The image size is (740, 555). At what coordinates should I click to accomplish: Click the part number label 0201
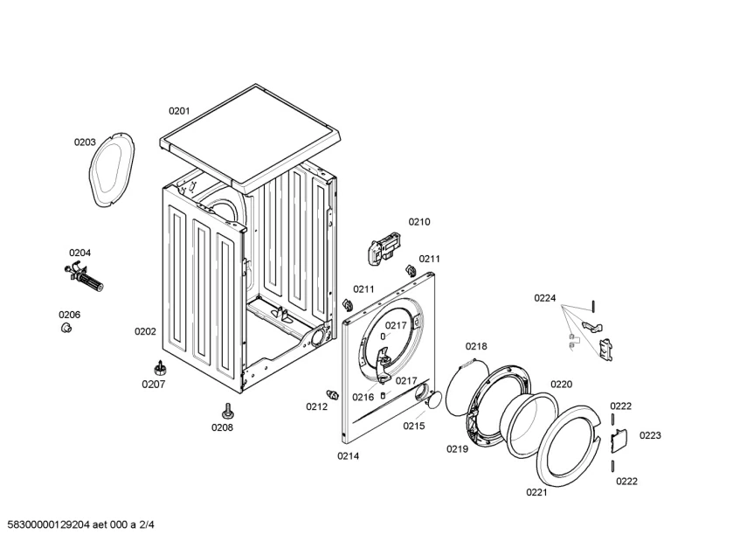coord(179,111)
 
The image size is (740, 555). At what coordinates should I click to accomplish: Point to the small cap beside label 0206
coord(66,328)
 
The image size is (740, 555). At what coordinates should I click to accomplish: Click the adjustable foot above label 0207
coord(160,368)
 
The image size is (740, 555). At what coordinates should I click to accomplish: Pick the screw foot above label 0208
coord(228,412)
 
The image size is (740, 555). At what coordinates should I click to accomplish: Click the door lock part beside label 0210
coord(384,247)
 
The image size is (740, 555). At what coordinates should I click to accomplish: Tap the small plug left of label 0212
coord(333,394)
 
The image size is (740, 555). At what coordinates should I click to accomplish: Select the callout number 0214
coord(348,456)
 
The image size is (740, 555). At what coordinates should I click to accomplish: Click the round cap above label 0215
coord(435,399)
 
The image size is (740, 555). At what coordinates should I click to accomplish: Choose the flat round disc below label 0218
coord(465,385)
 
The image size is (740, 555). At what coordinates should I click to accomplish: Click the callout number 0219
coord(457,449)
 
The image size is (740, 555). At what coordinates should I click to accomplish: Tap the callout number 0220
coord(561,385)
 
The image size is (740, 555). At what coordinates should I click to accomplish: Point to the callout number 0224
coord(544,298)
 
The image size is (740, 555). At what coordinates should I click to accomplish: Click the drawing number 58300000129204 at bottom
coord(49,524)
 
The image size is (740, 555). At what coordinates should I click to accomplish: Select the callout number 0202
coord(145,331)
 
